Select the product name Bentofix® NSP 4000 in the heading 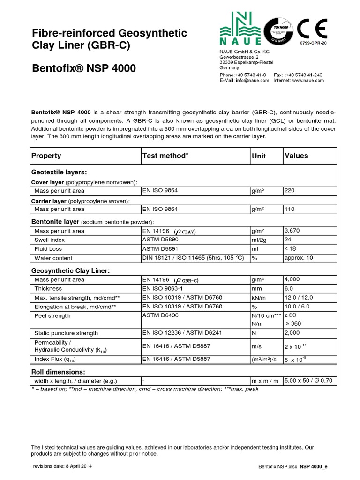[84, 68]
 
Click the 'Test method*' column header [165, 156]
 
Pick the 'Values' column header [296, 156]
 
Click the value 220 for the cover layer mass [290, 191]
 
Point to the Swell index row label [48, 240]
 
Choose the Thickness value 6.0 [289, 289]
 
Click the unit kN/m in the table [259, 298]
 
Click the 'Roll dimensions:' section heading [57, 371]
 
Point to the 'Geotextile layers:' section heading [59, 172]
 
